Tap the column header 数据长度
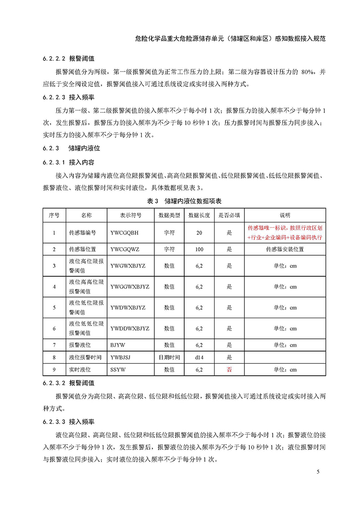coord(199,215)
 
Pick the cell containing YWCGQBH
coord(125,233)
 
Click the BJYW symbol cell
coord(118,345)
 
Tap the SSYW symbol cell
coord(118,369)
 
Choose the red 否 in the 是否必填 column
coord(229,369)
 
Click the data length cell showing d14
coord(199,357)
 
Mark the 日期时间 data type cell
coord(169,357)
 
